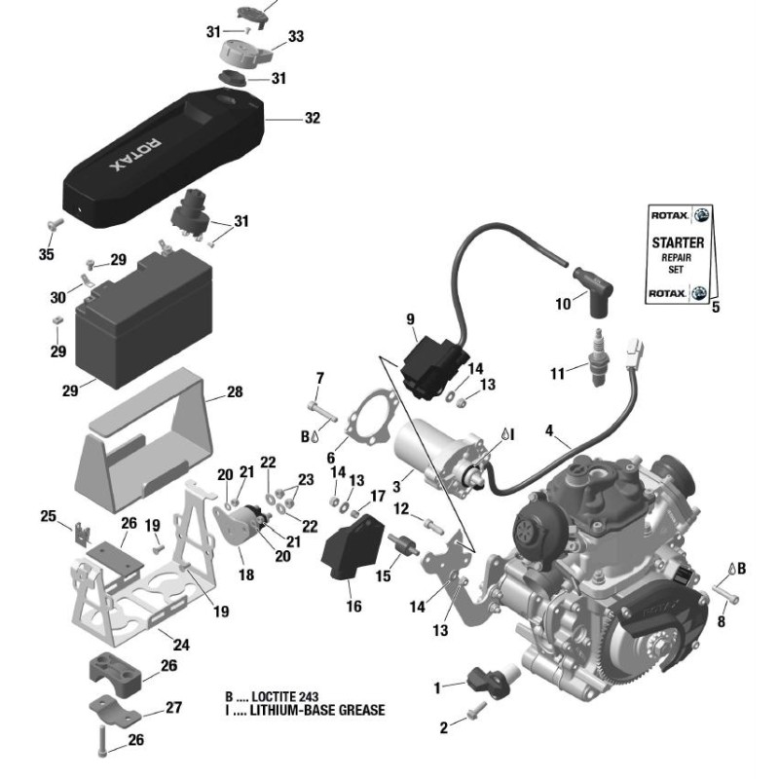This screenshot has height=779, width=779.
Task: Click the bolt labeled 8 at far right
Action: pyautogui.click(x=727, y=589)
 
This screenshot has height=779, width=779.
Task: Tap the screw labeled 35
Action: pyautogui.click(x=55, y=225)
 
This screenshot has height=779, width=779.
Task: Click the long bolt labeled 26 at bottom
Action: pyautogui.click(x=103, y=741)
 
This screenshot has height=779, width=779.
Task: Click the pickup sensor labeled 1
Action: pyautogui.click(x=483, y=679)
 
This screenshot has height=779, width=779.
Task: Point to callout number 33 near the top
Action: pyautogui.click(x=296, y=37)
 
